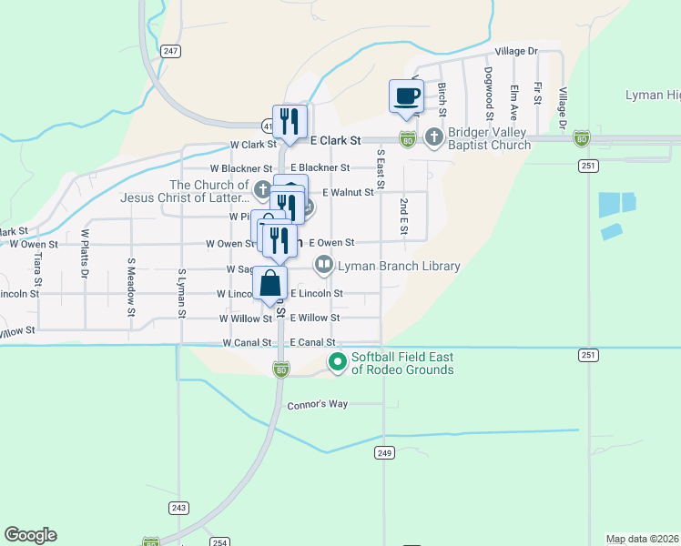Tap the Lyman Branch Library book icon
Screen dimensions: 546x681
(x=323, y=266)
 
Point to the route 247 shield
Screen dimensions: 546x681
(x=170, y=51)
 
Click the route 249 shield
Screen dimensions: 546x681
(x=383, y=452)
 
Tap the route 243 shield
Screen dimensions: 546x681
(x=178, y=508)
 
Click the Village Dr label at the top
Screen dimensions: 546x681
(x=516, y=52)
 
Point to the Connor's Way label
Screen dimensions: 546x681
(x=318, y=404)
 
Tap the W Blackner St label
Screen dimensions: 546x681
(x=241, y=168)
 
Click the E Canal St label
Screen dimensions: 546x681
(x=312, y=342)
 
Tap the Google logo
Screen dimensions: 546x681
(x=30, y=535)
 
